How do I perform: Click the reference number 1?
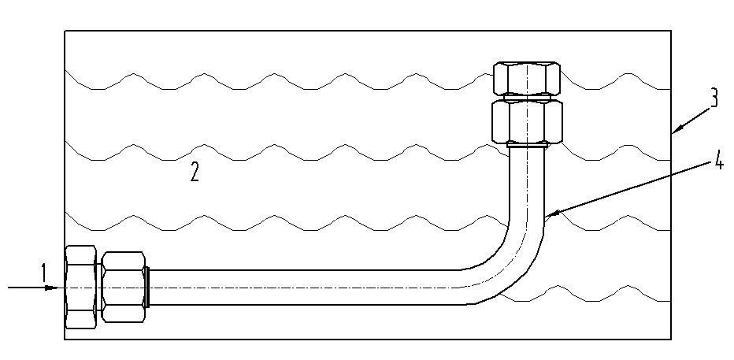(43, 273)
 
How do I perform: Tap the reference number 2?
(195, 173)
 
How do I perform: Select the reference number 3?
(713, 99)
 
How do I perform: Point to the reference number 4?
(718, 161)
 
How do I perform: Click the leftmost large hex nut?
(80, 287)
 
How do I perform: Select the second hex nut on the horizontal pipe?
(124, 287)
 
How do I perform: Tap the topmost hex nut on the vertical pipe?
(527, 78)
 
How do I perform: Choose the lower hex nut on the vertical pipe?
(527, 122)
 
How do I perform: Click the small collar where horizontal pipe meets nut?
(147, 287)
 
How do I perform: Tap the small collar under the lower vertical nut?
(527, 146)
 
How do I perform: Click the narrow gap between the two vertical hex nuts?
(527, 98)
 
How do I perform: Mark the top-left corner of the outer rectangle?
(65, 31)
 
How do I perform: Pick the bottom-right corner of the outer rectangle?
(671, 340)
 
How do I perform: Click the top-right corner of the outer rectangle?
(671, 31)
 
